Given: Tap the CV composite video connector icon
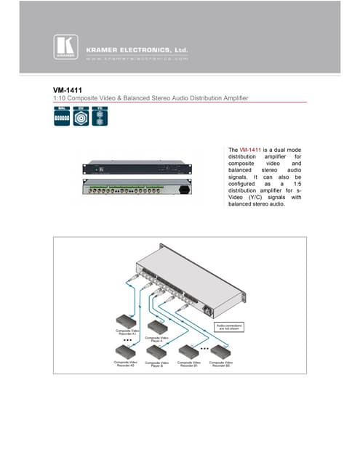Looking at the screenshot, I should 81,117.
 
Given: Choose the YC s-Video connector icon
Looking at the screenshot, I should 101,117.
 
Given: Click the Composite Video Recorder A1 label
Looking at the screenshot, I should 128,332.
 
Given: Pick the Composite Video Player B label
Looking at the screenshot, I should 158,363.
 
